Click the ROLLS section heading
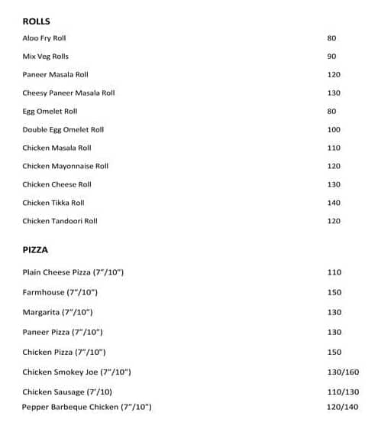(x=36, y=21)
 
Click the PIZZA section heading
(x=35, y=249)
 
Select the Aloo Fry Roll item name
(x=44, y=38)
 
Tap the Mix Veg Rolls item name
(x=46, y=57)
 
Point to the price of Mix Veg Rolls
(x=331, y=57)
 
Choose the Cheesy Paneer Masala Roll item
(x=69, y=93)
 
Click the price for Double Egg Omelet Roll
(x=334, y=130)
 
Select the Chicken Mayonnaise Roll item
(x=66, y=166)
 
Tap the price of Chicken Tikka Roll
(x=334, y=203)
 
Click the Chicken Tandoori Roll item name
(x=60, y=221)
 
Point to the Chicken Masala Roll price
(x=334, y=148)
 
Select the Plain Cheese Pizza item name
(x=73, y=273)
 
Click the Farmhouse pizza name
(x=60, y=293)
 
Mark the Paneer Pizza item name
(x=63, y=333)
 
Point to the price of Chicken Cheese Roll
(x=334, y=184)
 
